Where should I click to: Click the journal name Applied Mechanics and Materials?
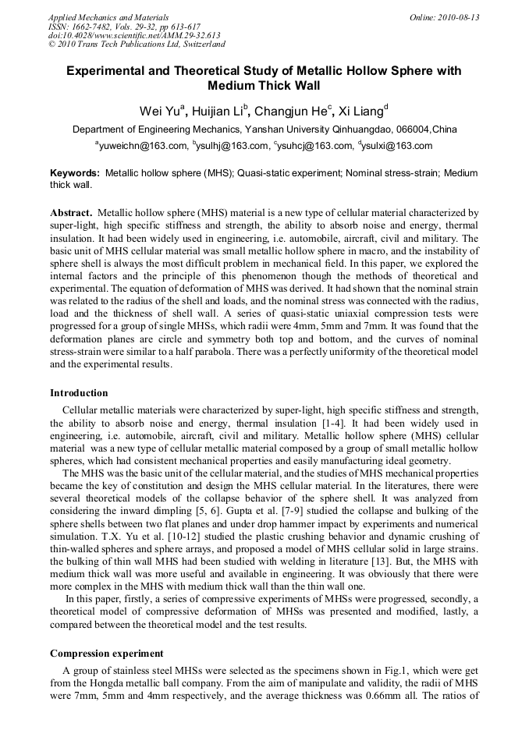tap(108, 16)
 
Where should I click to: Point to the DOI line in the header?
tap(133, 35)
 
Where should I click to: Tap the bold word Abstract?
tap(72, 212)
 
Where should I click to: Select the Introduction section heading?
tap(79, 392)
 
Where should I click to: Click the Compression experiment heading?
tap(106, 653)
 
